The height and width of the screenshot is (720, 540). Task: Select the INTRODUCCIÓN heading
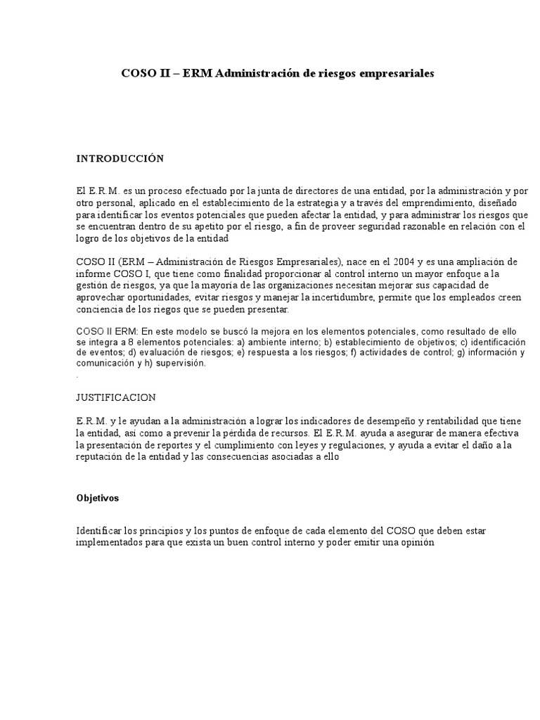(x=120, y=159)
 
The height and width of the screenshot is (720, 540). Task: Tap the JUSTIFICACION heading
(x=116, y=397)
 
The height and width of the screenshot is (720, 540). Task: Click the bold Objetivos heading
(x=98, y=498)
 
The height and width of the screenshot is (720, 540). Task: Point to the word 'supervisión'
(x=183, y=364)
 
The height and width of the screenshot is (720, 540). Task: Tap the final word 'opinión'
(x=419, y=544)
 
